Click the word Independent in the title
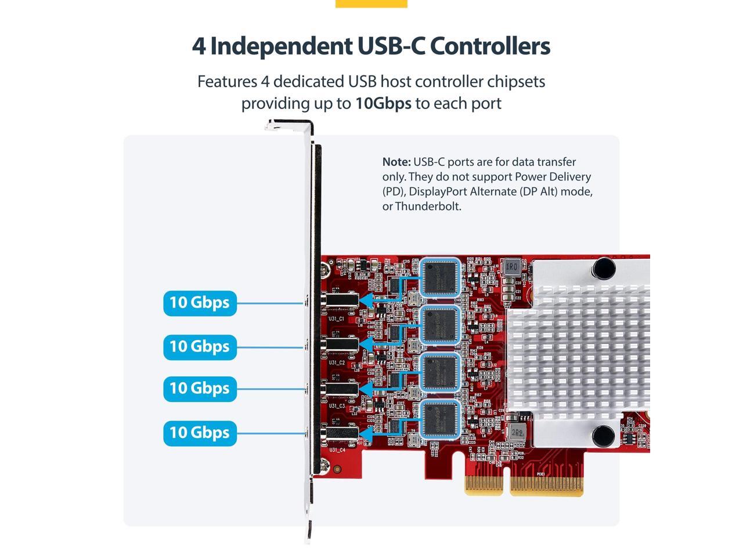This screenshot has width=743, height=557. pos(282,46)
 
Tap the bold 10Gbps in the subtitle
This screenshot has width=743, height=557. pos(383,103)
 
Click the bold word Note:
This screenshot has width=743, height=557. pos(396,162)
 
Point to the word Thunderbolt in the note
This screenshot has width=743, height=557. pos(428,206)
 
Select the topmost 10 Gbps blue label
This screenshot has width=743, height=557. pos(200,303)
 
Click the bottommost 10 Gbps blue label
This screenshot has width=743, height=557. pos(200,433)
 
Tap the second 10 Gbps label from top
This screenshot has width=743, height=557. pos(200,347)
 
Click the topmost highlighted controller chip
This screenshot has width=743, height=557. pos(440,277)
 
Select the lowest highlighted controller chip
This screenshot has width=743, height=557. pos(440,418)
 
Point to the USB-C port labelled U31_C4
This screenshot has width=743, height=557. pos(341,433)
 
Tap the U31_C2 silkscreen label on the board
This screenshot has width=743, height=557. pos(337,363)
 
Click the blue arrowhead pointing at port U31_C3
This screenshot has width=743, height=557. pos(366,388)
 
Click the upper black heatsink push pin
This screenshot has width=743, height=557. pos(604,268)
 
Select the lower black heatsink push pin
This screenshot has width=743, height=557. pos(603,435)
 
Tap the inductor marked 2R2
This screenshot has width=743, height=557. pos(517,433)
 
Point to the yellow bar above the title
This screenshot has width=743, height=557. pos(371,3)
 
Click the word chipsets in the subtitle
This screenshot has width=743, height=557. pos(516,82)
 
